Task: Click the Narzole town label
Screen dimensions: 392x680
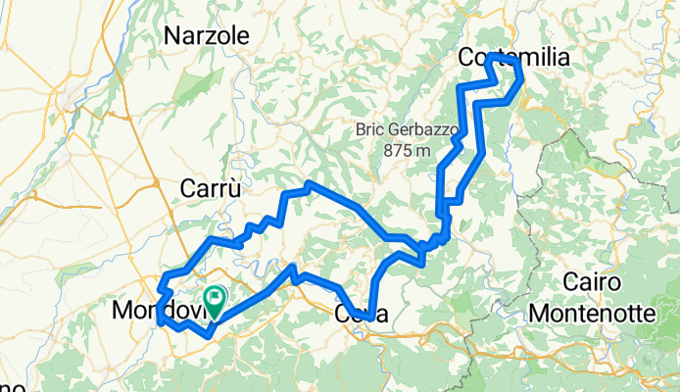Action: [207, 36]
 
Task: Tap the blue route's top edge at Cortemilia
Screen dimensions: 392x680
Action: [502, 59]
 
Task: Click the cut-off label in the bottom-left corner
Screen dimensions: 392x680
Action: [8, 384]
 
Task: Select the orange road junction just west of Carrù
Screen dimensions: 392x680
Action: [157, 182]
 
